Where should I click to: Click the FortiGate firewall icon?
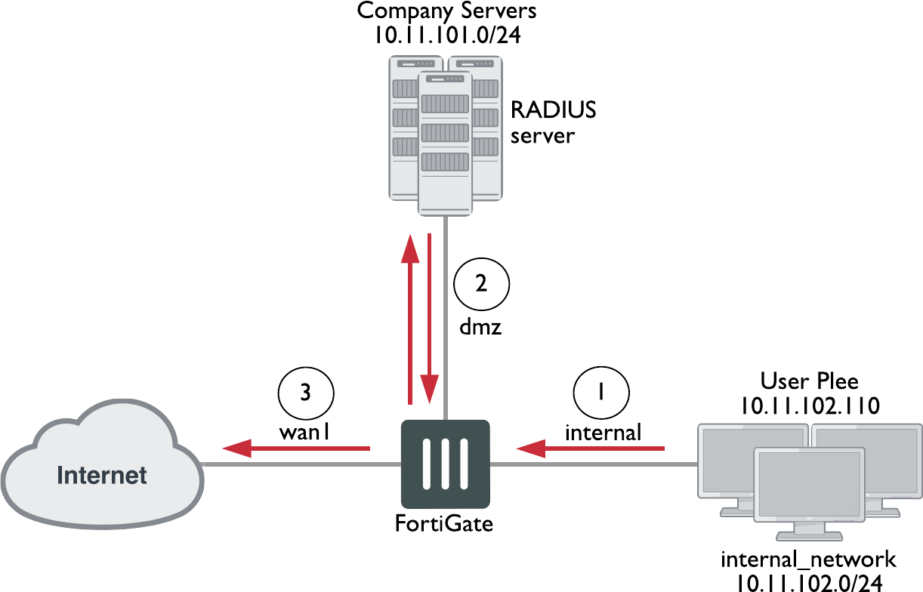445,464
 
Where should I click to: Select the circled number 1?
601,393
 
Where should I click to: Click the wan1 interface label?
306,433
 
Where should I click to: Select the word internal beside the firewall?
603,433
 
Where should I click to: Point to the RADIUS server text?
553,122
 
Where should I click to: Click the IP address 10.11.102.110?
809,405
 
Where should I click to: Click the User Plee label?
809,380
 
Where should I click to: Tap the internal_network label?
808,560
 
